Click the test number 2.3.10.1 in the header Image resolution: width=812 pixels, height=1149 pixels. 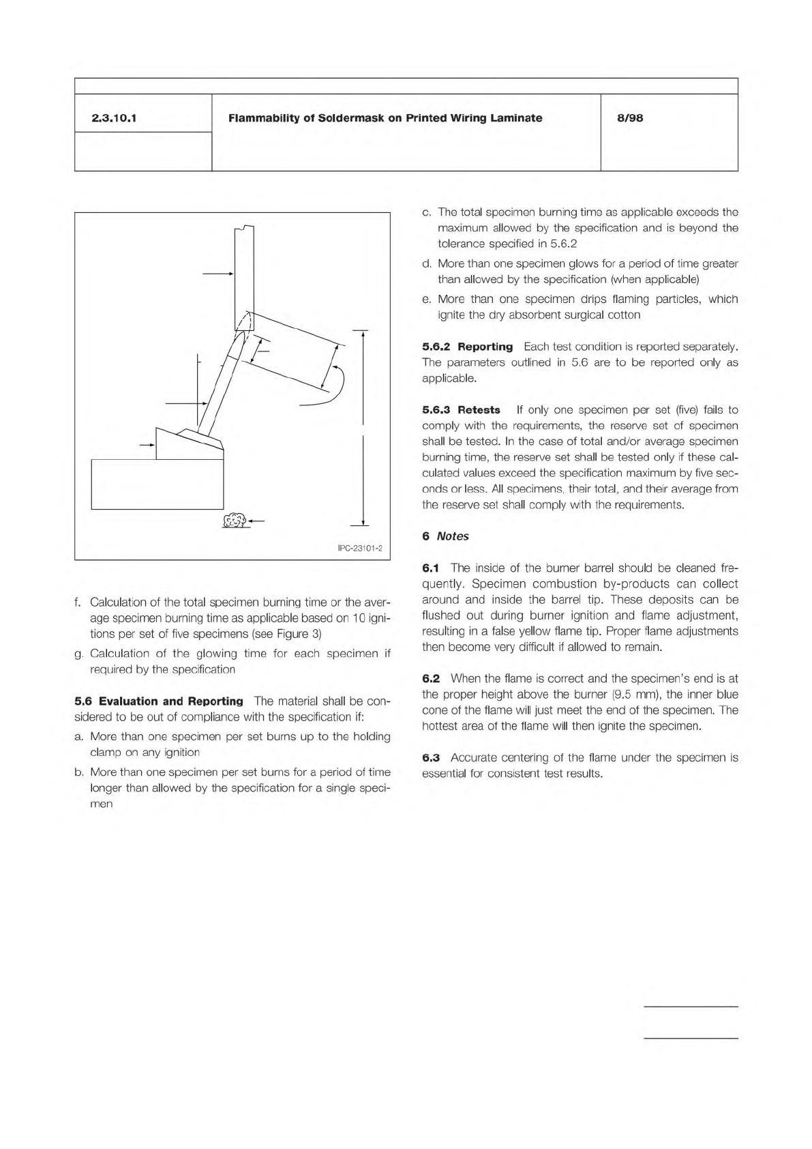pos(114,119)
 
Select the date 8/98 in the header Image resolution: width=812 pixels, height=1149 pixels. pos(631,119)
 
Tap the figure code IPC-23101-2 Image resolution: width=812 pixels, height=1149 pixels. pos(361,549)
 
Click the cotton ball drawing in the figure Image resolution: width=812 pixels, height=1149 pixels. pos(235,521)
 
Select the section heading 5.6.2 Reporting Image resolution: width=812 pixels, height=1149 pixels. pos(467,347)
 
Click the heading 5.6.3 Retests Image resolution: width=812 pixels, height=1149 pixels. pos(461,410)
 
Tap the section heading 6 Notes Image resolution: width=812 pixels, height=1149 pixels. pos(445,536)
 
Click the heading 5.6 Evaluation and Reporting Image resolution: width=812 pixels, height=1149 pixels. pos(159,701)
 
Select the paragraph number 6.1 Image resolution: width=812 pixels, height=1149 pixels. pos(431,568)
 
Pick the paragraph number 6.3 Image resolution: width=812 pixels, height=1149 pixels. pos(431,757)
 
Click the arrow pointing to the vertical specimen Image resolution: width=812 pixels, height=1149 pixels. pos(218,274)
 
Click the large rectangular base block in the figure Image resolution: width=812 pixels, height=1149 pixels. pos(157,484)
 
